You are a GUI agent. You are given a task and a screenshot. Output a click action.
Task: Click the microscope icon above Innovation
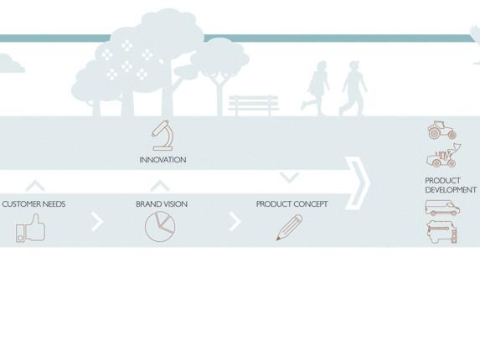[x=163, y=135]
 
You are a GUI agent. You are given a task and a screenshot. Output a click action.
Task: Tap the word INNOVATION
[x=163, y=160]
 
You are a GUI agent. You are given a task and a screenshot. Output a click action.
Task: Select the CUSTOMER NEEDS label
[x=34, y=204]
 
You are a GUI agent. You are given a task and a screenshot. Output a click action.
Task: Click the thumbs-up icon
[x=31, y=229]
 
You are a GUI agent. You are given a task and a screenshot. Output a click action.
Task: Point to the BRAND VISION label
[x=162, y=204]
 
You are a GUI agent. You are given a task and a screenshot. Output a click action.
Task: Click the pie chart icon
[x=160, y=227]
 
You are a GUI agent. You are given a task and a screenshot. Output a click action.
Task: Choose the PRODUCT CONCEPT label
[x=292, y=204]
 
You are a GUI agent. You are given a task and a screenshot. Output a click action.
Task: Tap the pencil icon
[x=289, y=228]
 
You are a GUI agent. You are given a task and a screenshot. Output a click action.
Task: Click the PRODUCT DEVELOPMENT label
[x=451, y=185]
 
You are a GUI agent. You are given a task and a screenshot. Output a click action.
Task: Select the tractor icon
[x=442, y=130]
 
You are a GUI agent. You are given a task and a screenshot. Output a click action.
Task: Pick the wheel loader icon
[x=444, y=156]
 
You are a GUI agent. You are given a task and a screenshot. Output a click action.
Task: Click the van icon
[x=442, y=208]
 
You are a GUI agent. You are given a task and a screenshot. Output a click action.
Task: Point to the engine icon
[x=441, y=232]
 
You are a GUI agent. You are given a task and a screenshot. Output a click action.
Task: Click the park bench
[x=254, y=105]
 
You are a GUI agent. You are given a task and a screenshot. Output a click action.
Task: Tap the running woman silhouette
[x=315, y=88]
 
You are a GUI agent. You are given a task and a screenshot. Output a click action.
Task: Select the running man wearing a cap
[x=354, y=88]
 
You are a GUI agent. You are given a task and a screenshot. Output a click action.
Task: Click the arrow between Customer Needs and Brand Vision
[x=98, y=222]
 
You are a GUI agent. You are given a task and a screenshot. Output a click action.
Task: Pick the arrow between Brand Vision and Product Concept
[x=235, y=222]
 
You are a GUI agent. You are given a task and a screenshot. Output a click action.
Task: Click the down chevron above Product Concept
[x=289, y=177]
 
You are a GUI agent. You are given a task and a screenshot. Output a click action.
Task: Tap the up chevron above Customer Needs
[x=35, y=185]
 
